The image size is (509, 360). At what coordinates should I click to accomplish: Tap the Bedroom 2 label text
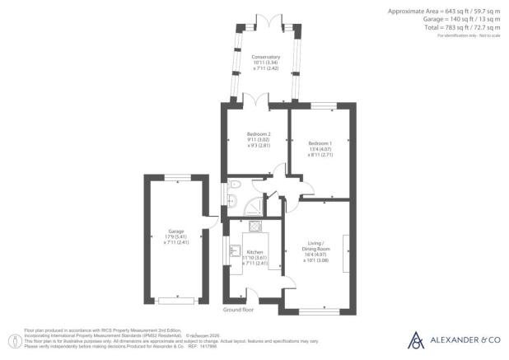tap(259, 133)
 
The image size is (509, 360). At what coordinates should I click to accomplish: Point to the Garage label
tap(176, 231)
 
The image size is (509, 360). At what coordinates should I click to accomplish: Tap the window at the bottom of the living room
tap(315, 310)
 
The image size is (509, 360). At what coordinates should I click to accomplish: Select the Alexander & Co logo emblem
tap(416, 339)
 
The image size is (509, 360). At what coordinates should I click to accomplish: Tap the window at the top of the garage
tap(176, 176)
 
